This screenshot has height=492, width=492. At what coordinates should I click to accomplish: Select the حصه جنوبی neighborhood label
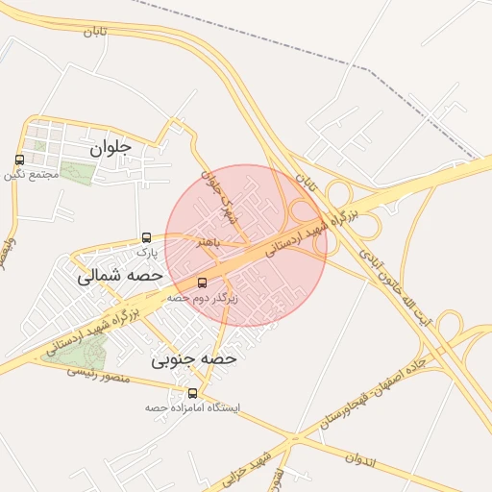coord(193,359)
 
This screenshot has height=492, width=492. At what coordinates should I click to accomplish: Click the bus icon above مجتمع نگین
coord(20,160)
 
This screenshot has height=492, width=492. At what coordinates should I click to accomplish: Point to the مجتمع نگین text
coord(32,175)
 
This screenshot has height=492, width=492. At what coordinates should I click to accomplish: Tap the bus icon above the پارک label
coord(146,237)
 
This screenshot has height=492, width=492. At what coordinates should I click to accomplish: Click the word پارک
coord(145,252)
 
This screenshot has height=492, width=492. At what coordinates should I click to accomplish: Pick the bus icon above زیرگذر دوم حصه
coord(202,283)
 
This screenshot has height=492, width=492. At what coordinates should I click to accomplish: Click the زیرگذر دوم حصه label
coord(202,298)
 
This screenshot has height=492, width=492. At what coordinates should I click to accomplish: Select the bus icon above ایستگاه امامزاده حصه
coord(193,393)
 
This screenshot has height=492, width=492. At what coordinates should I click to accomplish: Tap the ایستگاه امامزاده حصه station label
coord(192,407)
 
